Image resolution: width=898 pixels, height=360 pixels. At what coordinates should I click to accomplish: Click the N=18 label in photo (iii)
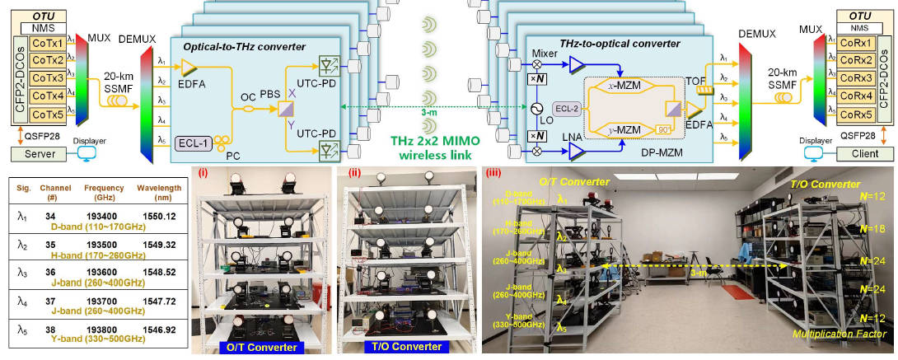pos(865,223)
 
